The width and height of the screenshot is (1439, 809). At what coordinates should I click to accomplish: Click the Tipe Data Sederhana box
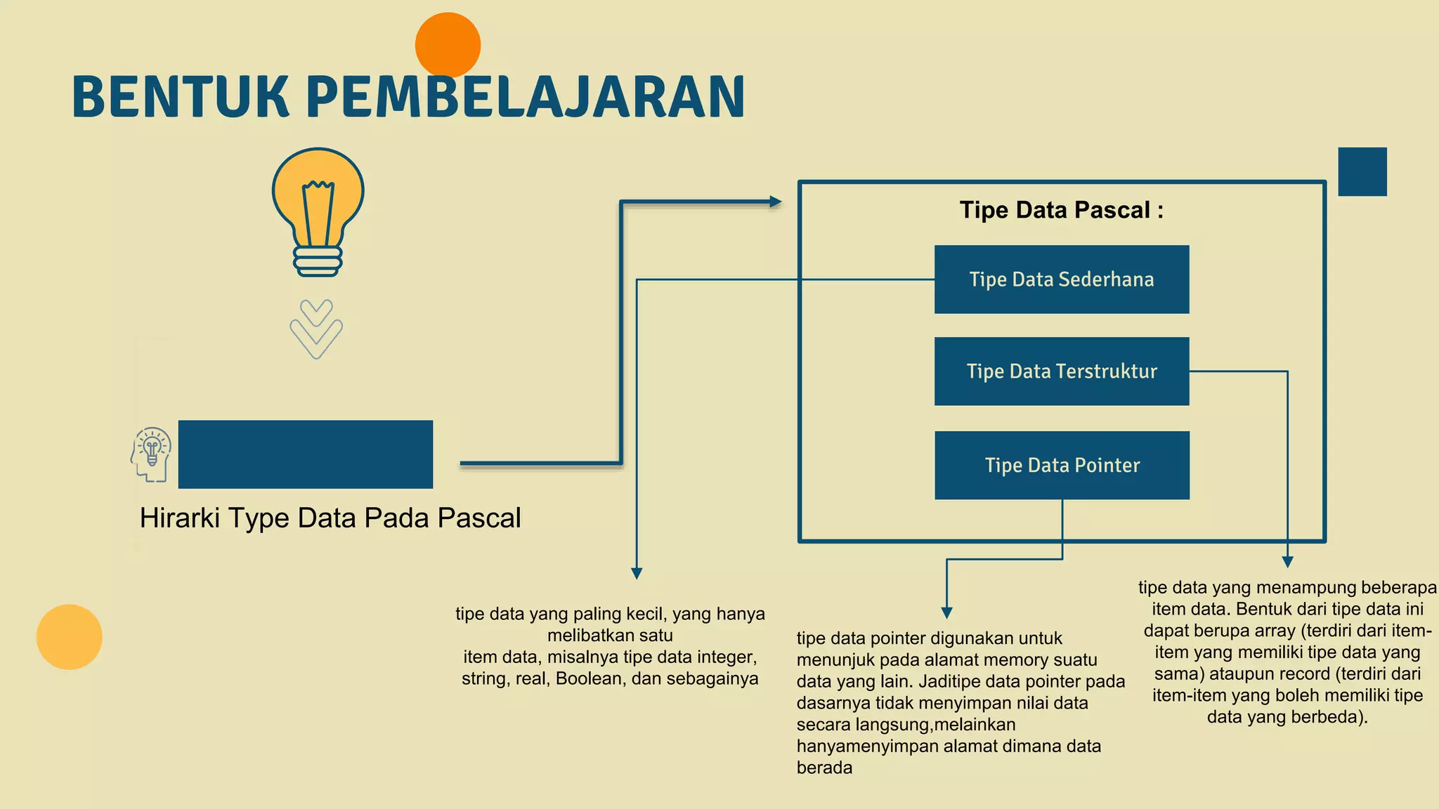(x=1061, y=279)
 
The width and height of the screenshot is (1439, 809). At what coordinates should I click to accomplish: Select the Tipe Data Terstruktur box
(x=1061, y=371)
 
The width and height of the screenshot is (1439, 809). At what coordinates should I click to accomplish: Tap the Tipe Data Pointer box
(x=1062, y=466)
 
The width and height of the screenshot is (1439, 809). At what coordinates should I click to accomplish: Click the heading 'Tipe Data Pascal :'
(x=1061, y=210)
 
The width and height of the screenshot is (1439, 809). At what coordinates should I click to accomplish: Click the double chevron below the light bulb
(x=316, y=329)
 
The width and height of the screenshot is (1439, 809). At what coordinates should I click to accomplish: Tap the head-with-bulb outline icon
(x=151, y=454)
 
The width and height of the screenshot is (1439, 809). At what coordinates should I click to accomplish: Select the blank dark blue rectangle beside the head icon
(x=306, y=454)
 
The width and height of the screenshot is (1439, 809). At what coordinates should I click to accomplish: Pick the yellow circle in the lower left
(x=70, y=637)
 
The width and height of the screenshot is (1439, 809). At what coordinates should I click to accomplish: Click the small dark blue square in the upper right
(x=1362, y=171)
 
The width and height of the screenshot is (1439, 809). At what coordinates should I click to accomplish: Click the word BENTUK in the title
(x=181, y=97)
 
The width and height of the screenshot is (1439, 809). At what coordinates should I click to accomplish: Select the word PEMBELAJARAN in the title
(x=526, y=97)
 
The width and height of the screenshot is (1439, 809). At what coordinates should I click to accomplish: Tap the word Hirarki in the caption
(x=179, y=518)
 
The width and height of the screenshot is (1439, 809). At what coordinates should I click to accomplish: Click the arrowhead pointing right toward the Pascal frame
(x=776, y=202)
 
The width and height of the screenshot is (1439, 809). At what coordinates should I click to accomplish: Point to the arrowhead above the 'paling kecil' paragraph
(x=637, y=574)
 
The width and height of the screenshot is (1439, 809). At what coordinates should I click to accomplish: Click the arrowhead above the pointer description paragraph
(x=946, y=612)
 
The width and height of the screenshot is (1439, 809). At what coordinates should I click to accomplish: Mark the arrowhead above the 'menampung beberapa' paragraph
(x=1287, y=562)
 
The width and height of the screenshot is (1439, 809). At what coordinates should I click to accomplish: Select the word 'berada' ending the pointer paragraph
(x=824, y=768)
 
